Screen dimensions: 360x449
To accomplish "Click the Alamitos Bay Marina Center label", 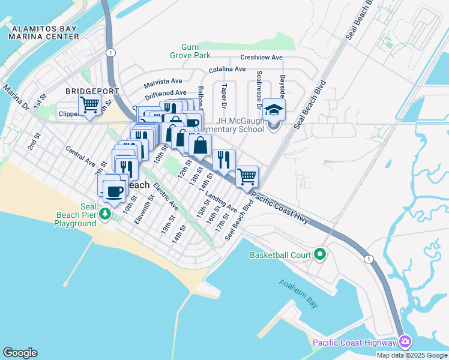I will click(46, 32).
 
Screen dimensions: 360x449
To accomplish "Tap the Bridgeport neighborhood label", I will click(93, 91).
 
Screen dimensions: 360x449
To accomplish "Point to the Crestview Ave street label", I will click(261, 58).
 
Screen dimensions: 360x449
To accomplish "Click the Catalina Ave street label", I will click(227, 70).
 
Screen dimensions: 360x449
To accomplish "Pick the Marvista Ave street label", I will click(162, 82).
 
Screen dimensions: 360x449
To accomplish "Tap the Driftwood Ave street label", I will click(166, 93).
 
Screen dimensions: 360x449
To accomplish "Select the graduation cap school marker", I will click(274, 110).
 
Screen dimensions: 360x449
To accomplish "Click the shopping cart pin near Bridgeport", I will click(90, 106).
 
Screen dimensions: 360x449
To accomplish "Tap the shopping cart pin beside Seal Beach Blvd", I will click(247, 177).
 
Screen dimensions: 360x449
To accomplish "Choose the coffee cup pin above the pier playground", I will click(114, 192).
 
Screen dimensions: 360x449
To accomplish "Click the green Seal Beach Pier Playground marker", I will click(106, 214).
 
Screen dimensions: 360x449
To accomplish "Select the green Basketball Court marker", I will click(319, 255).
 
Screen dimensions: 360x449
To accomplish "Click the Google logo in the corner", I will click(20, 353).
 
